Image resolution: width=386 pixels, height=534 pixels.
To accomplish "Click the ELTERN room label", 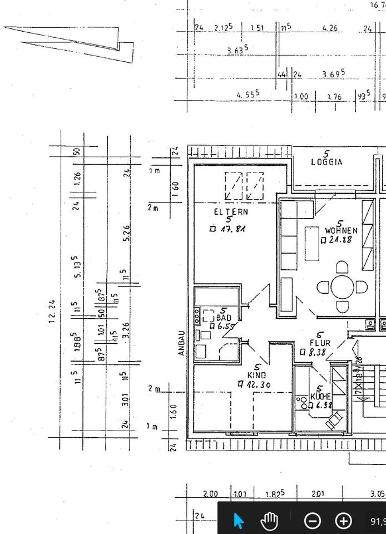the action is point(231,212).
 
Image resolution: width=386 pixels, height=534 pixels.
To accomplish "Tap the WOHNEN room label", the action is point(341,230).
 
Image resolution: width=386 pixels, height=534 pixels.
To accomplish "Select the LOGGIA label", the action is point(326,162).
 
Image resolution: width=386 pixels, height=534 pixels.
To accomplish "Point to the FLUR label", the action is point(320,343).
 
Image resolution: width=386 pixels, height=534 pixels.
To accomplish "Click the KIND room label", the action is point(257,375).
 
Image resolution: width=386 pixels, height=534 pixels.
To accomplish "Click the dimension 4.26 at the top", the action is point(330,28).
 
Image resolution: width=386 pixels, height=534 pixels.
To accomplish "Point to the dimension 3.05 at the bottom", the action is point(377,494).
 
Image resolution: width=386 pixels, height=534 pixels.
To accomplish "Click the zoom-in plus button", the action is point(344,521).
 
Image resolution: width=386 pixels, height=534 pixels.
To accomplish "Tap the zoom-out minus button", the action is point(313,521).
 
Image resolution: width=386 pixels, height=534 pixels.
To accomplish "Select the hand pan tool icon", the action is point(270,521).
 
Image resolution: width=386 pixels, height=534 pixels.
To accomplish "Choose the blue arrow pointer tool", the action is point(239,521).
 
